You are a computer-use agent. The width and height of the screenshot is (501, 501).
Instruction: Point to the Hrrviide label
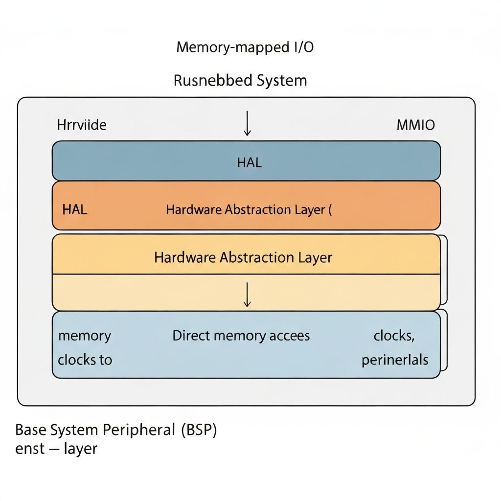coord(82,125)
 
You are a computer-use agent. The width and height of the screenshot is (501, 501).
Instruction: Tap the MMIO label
coord(415,125)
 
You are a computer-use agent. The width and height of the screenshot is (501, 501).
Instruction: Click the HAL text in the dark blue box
coord(250,163)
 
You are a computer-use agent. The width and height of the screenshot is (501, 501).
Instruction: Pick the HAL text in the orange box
coord(75,210)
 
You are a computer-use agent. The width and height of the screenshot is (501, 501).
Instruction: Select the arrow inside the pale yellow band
coord(247,294)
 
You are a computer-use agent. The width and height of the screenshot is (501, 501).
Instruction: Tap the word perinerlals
coord(395,360)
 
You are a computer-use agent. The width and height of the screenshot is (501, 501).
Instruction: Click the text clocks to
coord(85,360)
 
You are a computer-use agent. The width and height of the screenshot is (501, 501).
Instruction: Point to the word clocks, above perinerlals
coord(394,336)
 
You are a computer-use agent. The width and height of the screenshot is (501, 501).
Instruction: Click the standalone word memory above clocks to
coord(85,336)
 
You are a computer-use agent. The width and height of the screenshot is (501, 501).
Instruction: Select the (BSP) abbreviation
coord(199,430)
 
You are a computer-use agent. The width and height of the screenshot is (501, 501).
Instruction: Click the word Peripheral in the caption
coord(139,431)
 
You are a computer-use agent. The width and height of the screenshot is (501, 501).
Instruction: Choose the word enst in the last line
coord(30,449)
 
